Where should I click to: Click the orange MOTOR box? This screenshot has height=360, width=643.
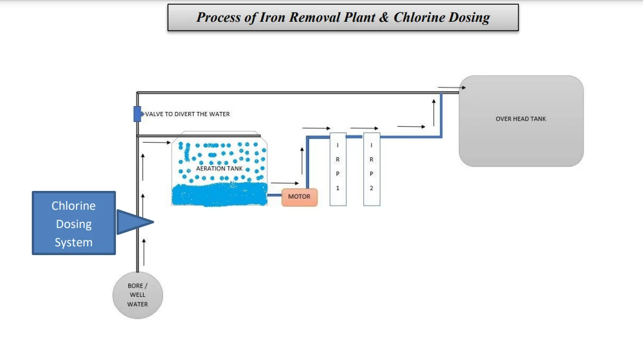(299, 197)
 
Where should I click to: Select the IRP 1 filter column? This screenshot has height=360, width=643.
(337, 169)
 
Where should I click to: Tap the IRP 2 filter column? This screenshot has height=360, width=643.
(372, 169)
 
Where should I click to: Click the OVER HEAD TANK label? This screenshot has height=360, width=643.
(521, 119)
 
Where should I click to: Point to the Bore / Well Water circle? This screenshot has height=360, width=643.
(138, 295)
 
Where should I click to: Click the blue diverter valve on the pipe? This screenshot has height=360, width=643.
(137, 114)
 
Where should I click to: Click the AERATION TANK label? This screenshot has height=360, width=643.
(219, 169)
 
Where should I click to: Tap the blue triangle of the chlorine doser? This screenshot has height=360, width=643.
(133, 222)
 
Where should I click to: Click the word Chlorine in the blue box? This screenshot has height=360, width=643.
(74, 206)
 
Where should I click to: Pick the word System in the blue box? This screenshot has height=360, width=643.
(74, 242)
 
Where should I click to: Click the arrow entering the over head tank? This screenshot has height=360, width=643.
(452, 88)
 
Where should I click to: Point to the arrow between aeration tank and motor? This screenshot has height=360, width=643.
(281, 184)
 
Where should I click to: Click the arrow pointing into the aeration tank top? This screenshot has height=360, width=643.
(155, 142)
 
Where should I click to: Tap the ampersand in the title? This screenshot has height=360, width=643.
(383, 17)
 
